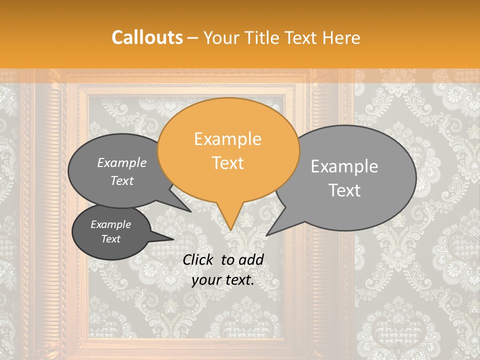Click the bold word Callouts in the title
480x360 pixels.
(x=147, y=37)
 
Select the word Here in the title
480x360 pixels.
(x=341, y=37)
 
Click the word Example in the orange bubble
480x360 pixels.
(x=227, y=139)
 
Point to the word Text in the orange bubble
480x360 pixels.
(x=227, y=162)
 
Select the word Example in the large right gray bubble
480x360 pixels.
(x=344, y=166)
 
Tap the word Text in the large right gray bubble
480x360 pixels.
(x=344, y=190)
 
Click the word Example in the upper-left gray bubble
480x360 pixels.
(x=122, y=163)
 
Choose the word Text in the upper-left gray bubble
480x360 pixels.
(x=122, y=181)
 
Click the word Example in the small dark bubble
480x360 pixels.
(x=111, y=224)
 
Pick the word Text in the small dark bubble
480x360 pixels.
(x=111, y=239)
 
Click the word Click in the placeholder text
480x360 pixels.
(x=198, y=259)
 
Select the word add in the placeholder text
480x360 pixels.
(x=251, y=259)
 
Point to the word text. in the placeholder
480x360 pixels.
(x=238, y=280)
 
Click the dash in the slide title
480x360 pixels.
(x=193, y=37)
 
